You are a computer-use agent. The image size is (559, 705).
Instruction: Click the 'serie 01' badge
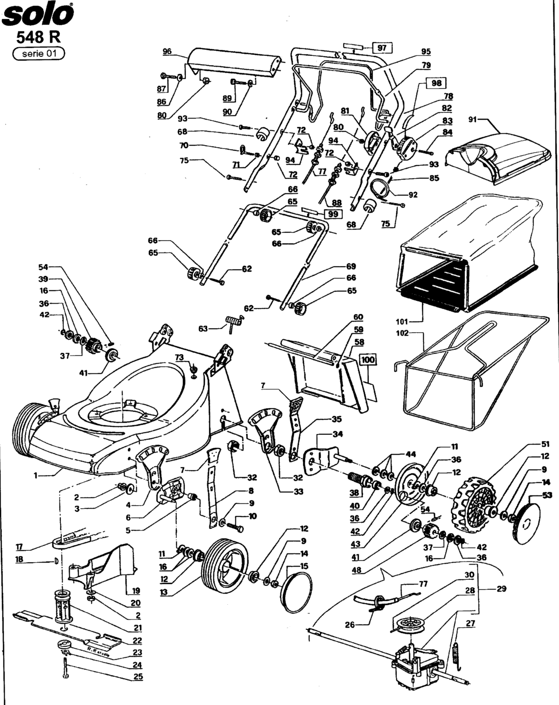click(39, 53)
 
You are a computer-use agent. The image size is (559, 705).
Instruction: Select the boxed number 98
click(436, 83)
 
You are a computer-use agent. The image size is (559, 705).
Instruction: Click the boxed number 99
click(333, 214)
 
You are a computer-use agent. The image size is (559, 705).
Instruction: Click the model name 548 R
click(39, 37)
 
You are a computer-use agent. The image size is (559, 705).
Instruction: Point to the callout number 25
click(138, 677)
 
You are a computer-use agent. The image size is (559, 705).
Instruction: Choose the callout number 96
click(168, 52)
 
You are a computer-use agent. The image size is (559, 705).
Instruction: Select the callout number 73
click(179, 358)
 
